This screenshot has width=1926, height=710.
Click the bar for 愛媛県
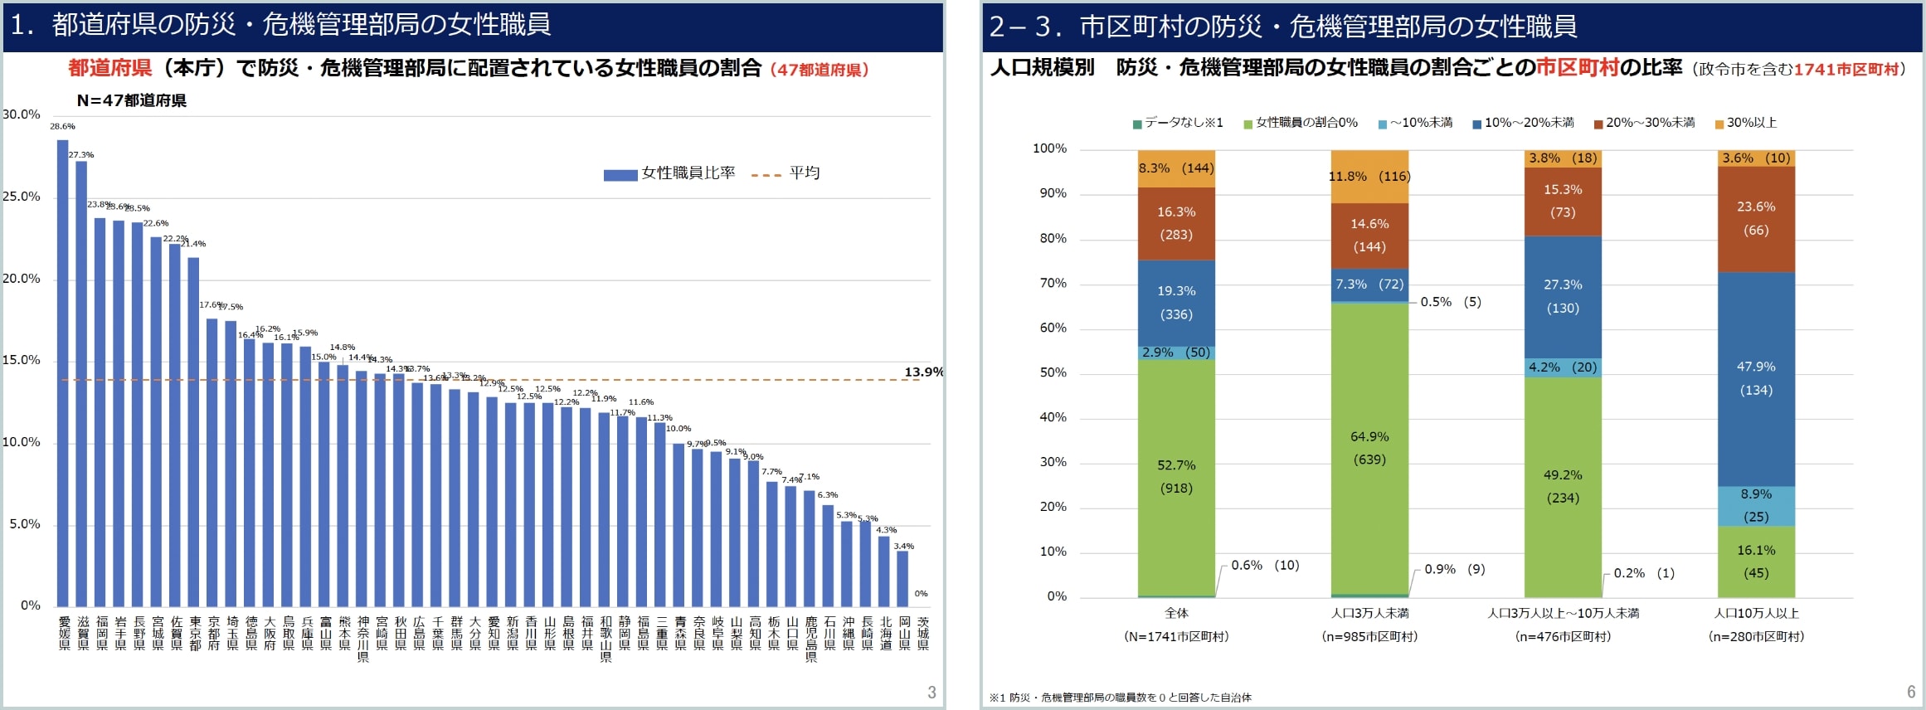click(63, 373)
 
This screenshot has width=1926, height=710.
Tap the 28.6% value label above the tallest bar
click(62, 127)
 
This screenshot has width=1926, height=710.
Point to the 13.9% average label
click(923, 372)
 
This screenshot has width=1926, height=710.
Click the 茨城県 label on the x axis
click(923, 633)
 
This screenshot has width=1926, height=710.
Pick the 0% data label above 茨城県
click(921, 594)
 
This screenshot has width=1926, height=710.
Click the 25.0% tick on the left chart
click(21, 197)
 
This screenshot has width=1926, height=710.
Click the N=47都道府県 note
click(132, 101)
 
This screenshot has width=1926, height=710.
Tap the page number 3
click(931, 693)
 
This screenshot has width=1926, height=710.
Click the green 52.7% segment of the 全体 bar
click(1176, 477)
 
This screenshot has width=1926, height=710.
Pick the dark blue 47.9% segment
click(1756, 378)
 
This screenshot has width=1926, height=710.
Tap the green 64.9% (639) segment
click(1369, 448)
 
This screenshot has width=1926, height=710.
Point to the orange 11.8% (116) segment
click(1369, 177)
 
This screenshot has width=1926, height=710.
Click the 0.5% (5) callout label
click(1450, 302)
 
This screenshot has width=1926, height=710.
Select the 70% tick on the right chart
click(1053, 284)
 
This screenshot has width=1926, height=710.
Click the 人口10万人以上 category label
click(1756, 614)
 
